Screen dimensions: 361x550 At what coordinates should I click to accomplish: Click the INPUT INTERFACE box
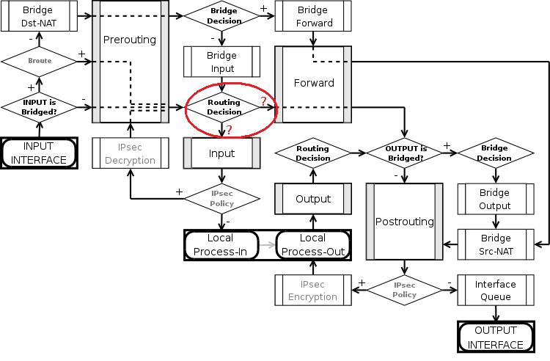tap(40, 153)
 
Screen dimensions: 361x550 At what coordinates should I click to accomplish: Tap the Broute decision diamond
tap(40, 61)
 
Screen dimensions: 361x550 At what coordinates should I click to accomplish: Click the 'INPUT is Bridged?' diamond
tap(40, 106)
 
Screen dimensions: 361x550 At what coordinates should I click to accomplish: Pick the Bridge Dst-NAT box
tap(37, 16)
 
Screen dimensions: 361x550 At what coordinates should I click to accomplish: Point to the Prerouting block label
tap(129, 40)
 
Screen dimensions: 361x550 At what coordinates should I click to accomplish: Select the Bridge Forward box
tap(313, 16)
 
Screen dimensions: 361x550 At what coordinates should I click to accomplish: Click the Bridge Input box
tap(221, 62)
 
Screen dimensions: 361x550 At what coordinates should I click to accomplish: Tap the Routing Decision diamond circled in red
tap(224, 107)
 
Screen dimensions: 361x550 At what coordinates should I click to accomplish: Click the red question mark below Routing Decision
tap(229, 130)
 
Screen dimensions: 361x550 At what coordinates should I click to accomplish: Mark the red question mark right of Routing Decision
tap(263, 101)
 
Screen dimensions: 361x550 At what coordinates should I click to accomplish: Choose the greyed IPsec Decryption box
tap(129, 153)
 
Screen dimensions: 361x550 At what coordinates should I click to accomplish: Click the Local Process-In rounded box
tap(221, 245)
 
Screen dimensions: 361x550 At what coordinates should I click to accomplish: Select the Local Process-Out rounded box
tap(312, 245)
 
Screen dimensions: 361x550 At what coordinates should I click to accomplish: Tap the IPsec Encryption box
tap(312, 291)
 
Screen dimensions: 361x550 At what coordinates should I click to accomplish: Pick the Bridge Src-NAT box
tap(495, 245)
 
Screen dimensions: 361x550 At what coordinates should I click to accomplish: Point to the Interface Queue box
tap(495, 291)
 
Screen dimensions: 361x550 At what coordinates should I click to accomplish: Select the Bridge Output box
tap(495, 199)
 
